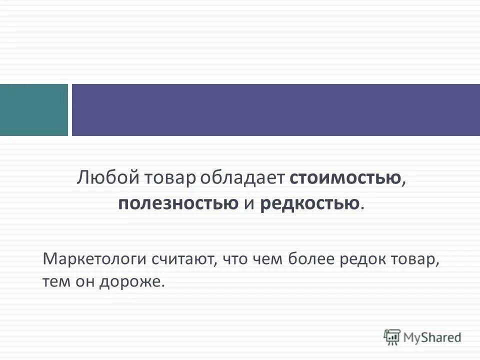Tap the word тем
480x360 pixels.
(x=55, y=281)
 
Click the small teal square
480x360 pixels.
(x=33, y=110)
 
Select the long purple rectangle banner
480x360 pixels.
(x=275, y=110)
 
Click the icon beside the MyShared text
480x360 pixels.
(x=392, y=336)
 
